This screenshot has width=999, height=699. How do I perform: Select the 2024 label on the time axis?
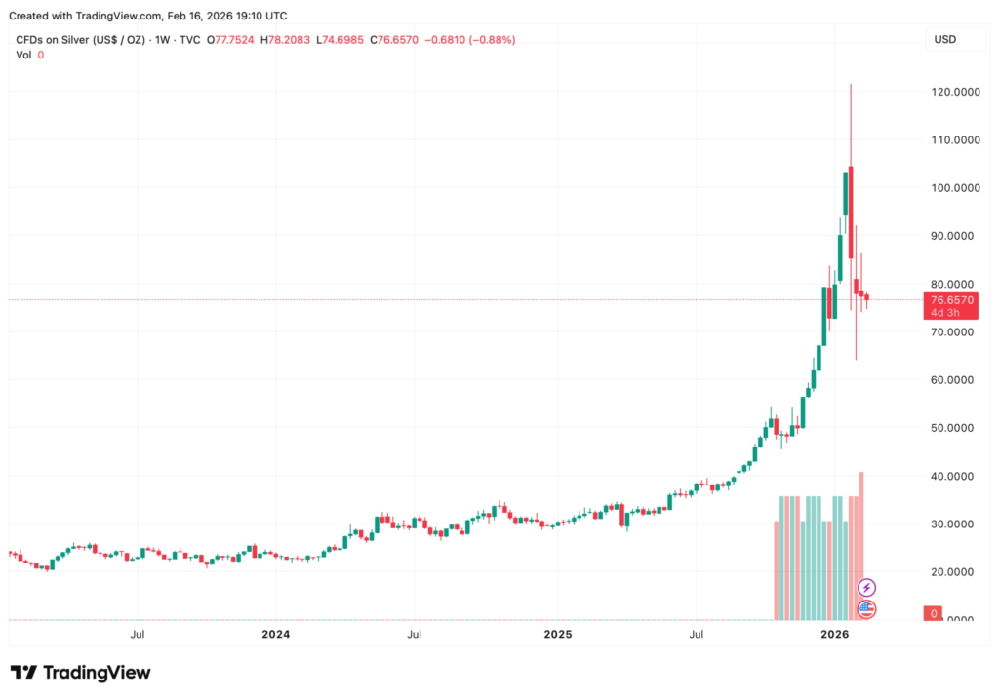tap(275, 635)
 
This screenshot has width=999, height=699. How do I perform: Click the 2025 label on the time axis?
tap(557, 635)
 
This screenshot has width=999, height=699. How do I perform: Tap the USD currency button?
tap(944, 40)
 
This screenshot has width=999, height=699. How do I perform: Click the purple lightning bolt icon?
tap(866, 588)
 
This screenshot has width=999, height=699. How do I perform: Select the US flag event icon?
tap(866, 609)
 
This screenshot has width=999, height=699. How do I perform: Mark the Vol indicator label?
tap(23, 55)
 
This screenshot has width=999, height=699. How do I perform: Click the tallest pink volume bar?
tap(861, 546)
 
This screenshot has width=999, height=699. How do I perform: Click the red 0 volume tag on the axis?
tap(934, 613)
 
